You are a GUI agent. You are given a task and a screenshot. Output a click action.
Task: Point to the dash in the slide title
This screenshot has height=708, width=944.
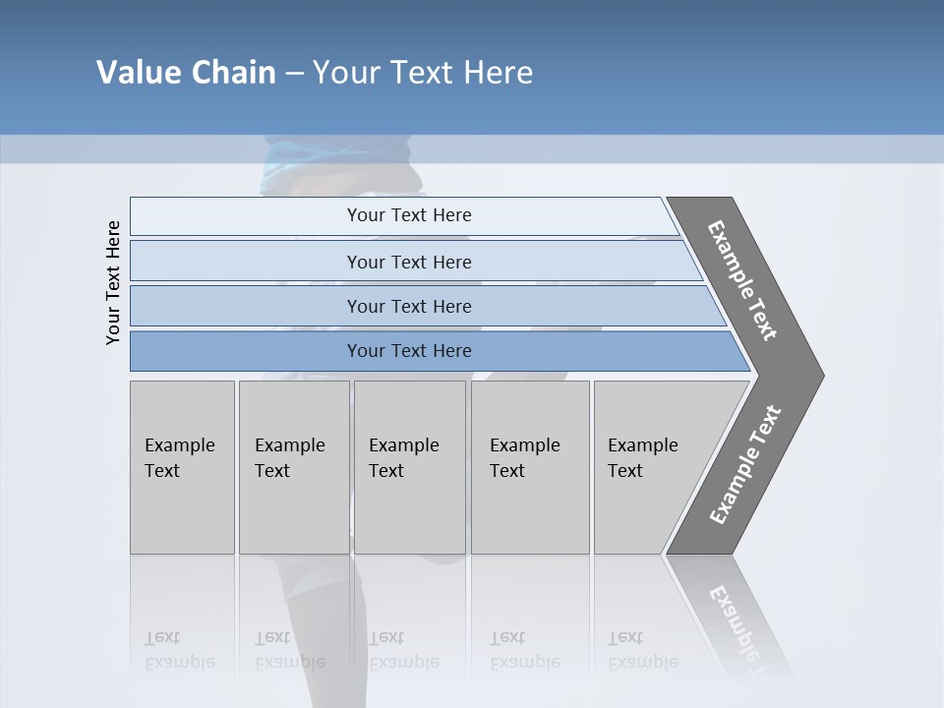point(294,74)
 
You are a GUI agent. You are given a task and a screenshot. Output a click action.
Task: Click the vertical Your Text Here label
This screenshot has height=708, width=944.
point(113,282)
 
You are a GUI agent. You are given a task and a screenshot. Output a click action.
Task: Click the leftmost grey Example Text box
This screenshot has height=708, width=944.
point(182,467)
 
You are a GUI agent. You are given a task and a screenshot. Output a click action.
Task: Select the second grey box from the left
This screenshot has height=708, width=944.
point(294,467)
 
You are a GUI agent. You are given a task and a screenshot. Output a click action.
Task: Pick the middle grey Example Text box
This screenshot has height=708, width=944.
point(409,467)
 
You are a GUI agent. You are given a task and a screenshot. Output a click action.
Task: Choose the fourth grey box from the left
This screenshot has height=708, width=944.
point(530,467)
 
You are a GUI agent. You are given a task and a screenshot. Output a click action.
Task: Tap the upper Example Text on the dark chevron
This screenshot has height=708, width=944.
point(742,280)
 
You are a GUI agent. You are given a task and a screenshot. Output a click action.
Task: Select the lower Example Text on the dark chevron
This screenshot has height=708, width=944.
point(744,465)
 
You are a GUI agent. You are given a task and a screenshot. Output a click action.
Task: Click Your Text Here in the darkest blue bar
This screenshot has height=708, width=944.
point(409,351)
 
